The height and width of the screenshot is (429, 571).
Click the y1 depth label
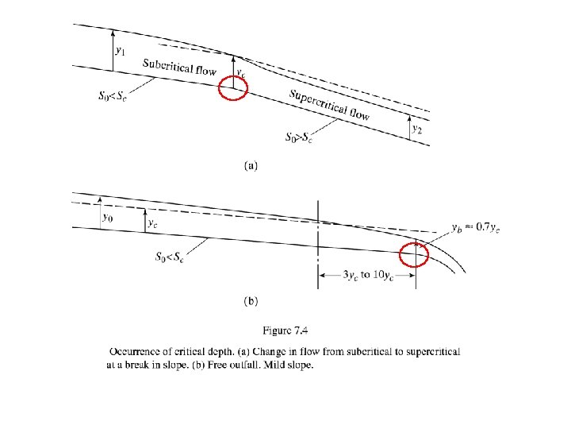120,50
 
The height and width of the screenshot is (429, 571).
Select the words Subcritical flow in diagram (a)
179,68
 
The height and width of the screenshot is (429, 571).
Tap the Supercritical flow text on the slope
329,105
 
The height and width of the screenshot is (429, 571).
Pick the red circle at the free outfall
413,256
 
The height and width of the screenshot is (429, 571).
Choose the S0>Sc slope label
299,136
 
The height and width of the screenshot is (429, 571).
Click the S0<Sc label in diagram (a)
109,98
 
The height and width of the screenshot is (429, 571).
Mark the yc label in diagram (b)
152,223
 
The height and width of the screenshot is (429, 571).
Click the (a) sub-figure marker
250,166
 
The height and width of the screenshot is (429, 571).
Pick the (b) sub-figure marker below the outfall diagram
250,301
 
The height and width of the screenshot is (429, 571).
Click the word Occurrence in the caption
136,351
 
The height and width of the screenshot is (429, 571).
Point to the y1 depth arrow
114,49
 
